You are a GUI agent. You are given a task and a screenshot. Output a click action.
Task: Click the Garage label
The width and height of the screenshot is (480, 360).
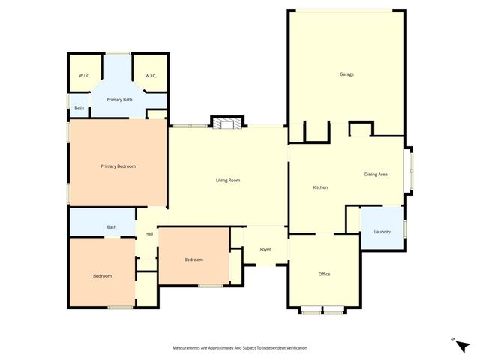pyautogui.click(x=346, y=74)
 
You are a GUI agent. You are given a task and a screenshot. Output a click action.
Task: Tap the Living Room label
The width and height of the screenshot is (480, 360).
pyautogui.click(x=227, y=181)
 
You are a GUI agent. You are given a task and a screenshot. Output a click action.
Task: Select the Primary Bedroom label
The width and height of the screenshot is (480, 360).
pyautogui.click(x=118, y=166)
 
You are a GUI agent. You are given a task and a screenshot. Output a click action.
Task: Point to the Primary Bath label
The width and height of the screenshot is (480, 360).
pyautogui.click(x=119, y=100)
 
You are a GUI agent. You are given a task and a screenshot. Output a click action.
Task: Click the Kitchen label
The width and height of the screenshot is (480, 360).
pyautogui.click(x=320, y=187)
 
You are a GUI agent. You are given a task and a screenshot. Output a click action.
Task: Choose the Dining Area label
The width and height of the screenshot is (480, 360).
pyautogui.click(x=376, y=175)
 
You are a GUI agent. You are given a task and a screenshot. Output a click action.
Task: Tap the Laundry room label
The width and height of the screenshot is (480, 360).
pyautogui.click(x=382, y=232)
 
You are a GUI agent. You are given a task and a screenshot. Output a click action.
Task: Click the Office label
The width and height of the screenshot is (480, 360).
pyautogui.click(x=324, y=274)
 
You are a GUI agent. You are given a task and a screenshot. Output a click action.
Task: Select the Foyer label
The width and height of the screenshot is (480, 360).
pyautogui.click(x=265, y=249)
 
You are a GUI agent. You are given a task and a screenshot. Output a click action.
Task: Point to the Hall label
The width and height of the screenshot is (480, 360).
pyautogui.click(x=148, y=234)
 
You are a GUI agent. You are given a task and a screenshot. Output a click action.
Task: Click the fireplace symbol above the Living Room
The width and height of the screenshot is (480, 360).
pyautogui.click(x=227, y=123)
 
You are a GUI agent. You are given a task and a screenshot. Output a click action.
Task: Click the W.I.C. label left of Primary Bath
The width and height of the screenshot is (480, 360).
pyautogui.click(x=84, y=76)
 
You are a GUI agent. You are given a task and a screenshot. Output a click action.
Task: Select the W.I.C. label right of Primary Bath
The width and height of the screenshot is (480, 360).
pyautogui.click(x=150, y=76)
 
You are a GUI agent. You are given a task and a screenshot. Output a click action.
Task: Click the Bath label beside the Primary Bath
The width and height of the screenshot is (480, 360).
pyautogui.click(x=79, y=108)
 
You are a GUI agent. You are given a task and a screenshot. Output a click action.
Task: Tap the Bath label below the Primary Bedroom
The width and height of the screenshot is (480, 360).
pyautogui.click(x=111, y=227)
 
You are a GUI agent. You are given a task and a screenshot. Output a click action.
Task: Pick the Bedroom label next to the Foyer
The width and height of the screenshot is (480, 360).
pyautogui.click(x=193, y=259)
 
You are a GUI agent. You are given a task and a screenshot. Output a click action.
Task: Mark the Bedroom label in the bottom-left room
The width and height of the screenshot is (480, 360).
pyautogui.click(x=102, y=276)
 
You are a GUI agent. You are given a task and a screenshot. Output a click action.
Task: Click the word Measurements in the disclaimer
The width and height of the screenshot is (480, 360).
pyautogui.click(x=188, y=348)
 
